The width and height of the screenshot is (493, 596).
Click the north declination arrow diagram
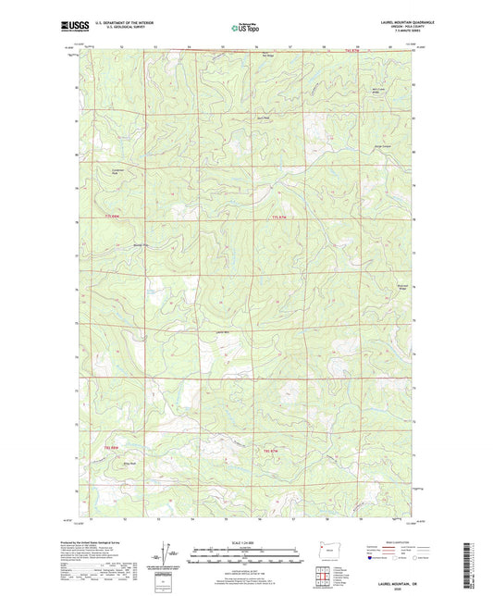point(167,557)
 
